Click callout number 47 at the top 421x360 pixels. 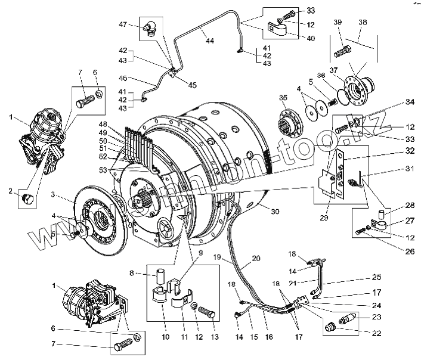[123, 24]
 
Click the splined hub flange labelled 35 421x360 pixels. [288, 122]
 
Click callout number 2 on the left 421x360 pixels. [10, 191]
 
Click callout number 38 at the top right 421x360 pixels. [363, 22]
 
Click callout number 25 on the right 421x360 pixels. [377, 277]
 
